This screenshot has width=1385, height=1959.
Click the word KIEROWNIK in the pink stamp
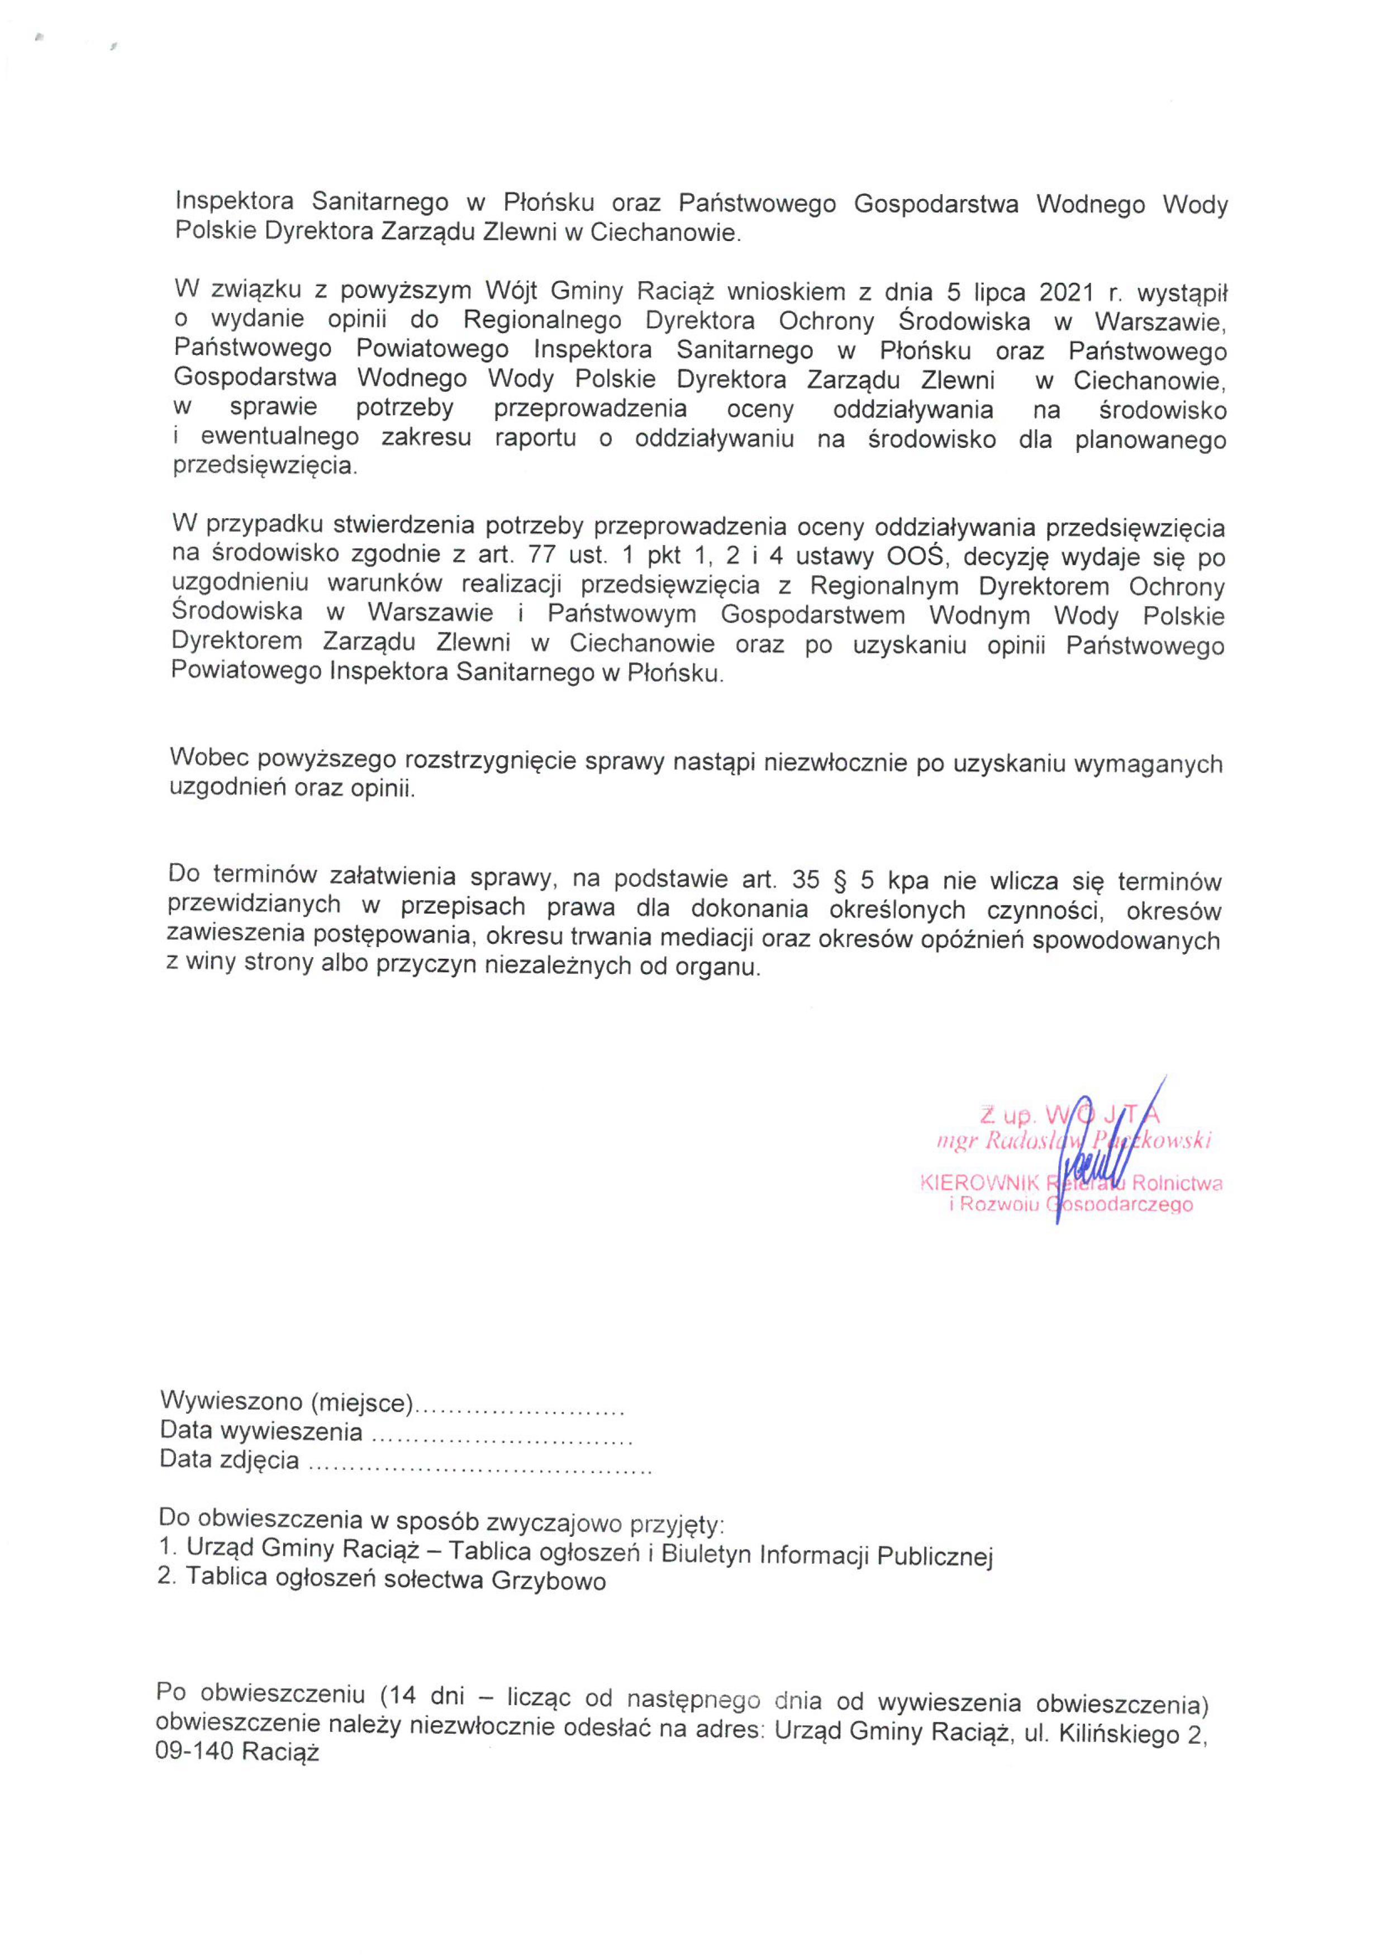tap(978, 1184)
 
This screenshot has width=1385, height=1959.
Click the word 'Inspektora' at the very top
tap(235, 201)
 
